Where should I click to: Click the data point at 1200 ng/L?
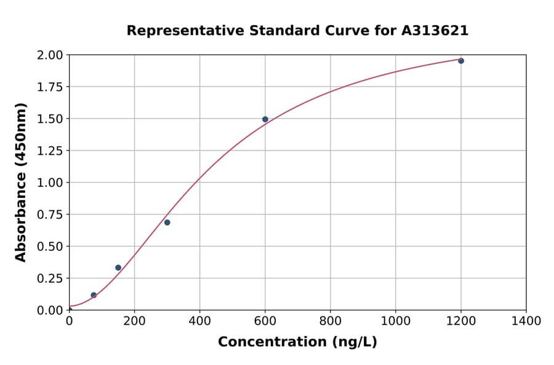tap(461, 61)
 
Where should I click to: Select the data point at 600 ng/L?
tap(265, 119)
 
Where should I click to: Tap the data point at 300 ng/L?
tap(167, 222)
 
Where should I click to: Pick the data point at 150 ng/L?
tap(118, 267)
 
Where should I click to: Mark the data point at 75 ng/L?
tap(94, 295)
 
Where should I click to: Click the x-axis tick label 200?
tap(134, 321)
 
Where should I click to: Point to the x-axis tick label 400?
tap(199, 321)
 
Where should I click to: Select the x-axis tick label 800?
tap(330, 321)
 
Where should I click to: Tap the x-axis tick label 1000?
tap(395, 321)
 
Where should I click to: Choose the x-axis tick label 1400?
tap(526, 321)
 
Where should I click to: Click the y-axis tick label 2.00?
tap(50, 55)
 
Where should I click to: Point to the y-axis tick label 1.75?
tap(50, 87)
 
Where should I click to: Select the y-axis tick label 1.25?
tap(50, 151)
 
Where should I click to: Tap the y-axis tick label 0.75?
tap(50, 214)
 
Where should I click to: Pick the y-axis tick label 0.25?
tap(50, 278)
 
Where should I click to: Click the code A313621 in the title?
tap(435, 31)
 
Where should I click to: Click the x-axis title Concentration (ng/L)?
tap(297, 342)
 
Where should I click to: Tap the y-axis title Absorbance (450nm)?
tap(21, 182)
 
